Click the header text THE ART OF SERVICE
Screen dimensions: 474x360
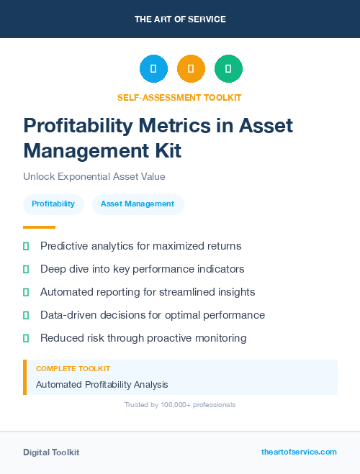pyautogui.click(x=180, y=19)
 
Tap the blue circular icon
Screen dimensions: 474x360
pyautogui.click(x=153, y=69)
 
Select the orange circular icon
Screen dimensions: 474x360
pyautogui.click(x=191, y=69)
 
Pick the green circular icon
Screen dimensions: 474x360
pyautogui.click(x=228, y=69)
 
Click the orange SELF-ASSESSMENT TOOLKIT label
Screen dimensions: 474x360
pyautogui.click(x=179, y=97)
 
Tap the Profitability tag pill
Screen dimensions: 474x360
pyautogui.click(x=53, y=204)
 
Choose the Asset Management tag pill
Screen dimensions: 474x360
pyautogui.click(x=138, y=204)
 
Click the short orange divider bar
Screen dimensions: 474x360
pyautogui.click(x=39, y=227)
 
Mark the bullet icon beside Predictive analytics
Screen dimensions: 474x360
pyautogui.click(x=26, y=246)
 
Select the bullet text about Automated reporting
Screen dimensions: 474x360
pyautogui.click(x=148, y=292)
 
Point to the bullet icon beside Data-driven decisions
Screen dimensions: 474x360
pyautogui.click(x=26, y=315)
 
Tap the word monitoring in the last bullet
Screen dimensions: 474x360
pyautogui.click(x=217, y=338)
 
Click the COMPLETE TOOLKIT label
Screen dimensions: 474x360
pyautogui.click(x=73, y=368)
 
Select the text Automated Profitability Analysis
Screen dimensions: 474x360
pyautogui.click(x=102, y=385)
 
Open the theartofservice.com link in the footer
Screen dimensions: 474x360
pyautogui.click(x=299, y=452)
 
